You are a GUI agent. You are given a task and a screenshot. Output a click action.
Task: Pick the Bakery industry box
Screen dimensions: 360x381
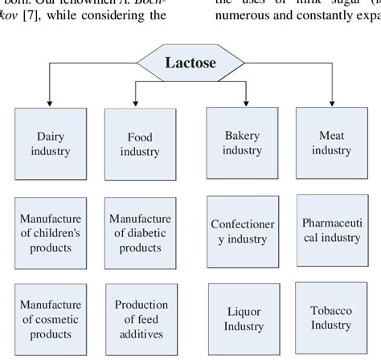(242, 142)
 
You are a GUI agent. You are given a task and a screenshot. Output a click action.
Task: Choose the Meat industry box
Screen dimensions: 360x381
(331, 142)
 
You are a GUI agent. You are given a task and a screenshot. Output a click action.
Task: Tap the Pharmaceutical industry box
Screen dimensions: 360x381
(331, 229)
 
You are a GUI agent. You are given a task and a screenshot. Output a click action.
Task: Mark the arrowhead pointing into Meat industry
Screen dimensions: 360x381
(331, 104)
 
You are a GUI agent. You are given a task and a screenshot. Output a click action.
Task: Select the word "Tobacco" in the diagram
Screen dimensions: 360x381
(331, 310)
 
